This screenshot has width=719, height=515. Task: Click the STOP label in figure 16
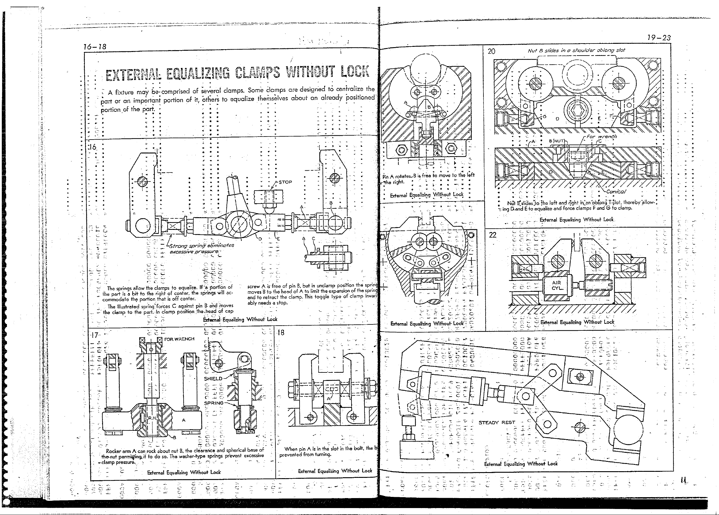(285, 182)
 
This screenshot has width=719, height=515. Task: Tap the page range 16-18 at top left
(95, 47)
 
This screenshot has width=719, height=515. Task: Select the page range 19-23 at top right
(659, 38)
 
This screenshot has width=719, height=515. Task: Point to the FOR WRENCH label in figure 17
(179, 339)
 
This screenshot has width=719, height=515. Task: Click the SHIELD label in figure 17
(213, 378)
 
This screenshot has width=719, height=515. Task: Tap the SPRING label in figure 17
(213, 403)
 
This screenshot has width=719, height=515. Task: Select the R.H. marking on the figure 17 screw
(152, 418)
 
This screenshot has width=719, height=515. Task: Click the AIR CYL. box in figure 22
(557, 285)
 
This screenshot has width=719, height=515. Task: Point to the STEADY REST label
(497, 422)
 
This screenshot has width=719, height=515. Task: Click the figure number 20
(491, 51)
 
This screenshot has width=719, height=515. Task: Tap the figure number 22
(493, 235)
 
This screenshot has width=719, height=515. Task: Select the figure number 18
(281, 332)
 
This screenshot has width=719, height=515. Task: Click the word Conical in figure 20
(616, 192)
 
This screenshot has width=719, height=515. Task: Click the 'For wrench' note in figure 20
(602, 137)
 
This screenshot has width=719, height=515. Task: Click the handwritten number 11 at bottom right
(682, 481)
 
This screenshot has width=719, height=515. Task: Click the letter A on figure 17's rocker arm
(184, 420)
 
